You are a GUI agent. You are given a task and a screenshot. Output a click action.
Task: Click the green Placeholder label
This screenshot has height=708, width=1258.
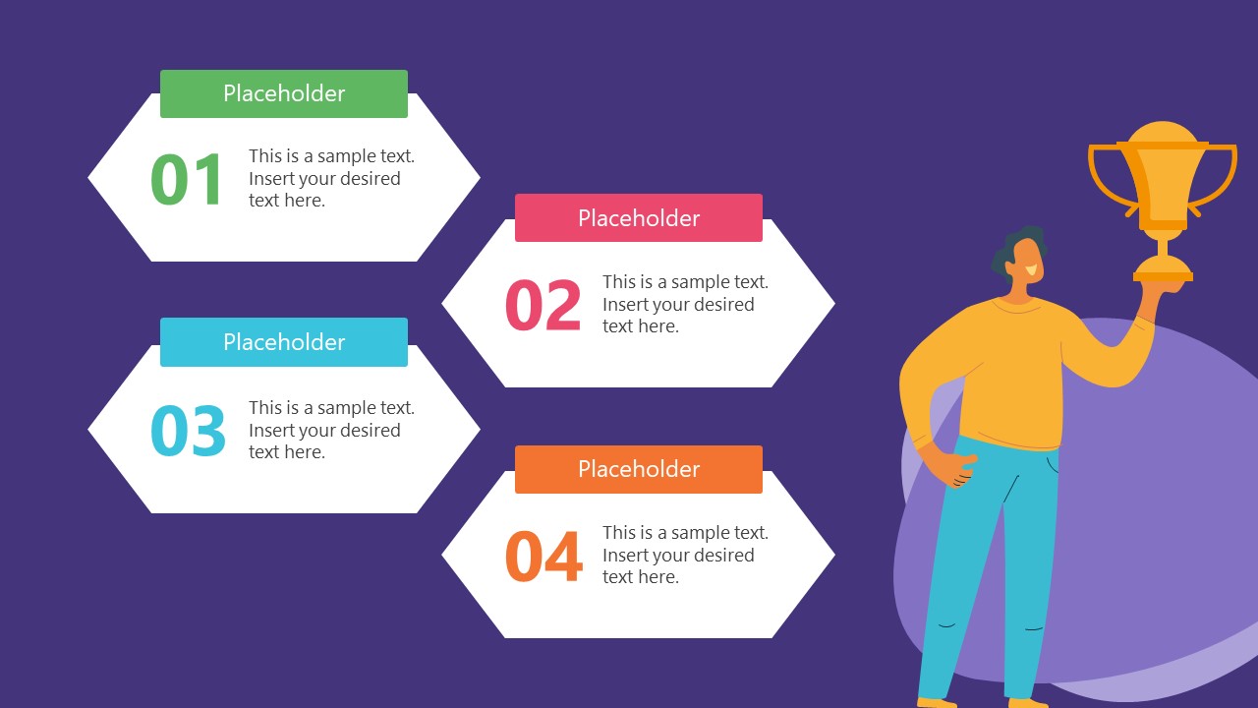284,93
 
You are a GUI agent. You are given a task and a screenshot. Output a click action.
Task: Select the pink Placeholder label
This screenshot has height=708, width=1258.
639,217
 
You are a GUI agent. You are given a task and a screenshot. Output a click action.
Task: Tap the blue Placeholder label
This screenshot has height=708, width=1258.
284,342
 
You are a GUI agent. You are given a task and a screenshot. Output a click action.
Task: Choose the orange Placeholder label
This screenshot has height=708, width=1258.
639,469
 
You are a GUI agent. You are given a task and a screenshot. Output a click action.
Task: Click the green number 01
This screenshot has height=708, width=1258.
188,180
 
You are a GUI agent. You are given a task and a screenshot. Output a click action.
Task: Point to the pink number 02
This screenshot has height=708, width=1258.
543,306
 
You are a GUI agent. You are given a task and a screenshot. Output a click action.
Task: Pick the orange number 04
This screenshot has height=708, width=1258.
543,558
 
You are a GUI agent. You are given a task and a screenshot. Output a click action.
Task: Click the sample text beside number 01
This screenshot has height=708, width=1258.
330,178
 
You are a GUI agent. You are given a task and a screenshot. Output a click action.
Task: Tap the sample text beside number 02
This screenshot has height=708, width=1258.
685,304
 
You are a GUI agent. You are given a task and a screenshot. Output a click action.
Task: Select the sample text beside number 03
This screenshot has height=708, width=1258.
330,430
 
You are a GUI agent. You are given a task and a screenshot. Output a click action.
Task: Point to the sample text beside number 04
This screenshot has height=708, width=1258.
685,555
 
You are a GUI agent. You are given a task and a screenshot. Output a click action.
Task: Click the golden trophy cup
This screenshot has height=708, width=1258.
1163,177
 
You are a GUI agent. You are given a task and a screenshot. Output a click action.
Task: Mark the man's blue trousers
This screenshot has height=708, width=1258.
983,570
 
